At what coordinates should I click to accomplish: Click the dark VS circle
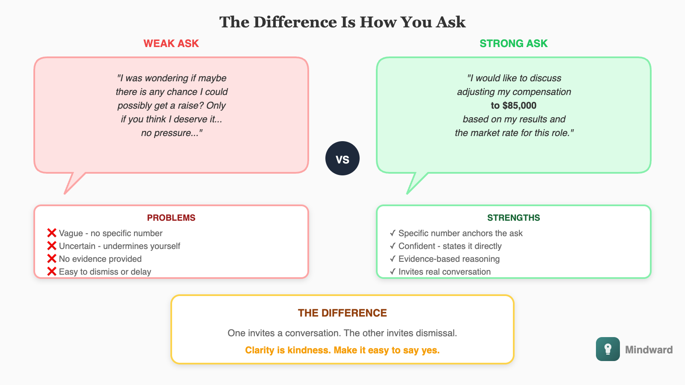pos(342,158)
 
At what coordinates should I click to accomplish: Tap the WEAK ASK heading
pos(171,44)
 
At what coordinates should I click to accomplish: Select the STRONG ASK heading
pos(513,44)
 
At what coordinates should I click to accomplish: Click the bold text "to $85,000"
pos(513,106)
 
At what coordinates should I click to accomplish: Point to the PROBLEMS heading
pos(171,218)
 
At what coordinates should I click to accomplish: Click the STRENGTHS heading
pos(513,218)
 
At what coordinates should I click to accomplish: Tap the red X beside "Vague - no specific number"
pos(52,233)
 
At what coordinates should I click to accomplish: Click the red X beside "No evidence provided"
pos(52,259)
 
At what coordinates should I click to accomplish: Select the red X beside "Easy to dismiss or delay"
pos(52,272)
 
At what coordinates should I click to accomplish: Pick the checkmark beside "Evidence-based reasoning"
pos(393,259)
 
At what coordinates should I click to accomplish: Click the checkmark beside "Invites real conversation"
pos(393,272)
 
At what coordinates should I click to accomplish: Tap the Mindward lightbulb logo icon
pos(608,349)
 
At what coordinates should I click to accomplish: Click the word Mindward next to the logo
pos(649,350)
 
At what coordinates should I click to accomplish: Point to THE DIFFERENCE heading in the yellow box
pos(342,313)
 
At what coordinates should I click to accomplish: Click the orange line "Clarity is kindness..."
pos(342,350)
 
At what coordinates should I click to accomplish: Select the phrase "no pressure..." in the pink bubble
pos(171,133)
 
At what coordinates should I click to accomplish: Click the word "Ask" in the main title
pos(450,22)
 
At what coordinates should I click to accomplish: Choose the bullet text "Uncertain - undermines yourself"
pos(119,246)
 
